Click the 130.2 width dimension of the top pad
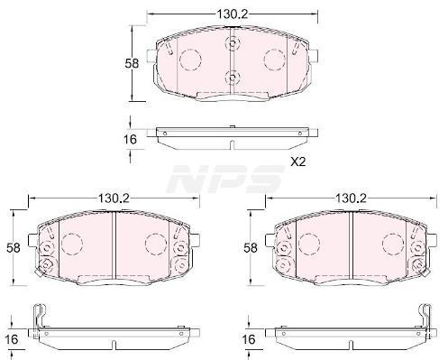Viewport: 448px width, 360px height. click(x=233, y=14)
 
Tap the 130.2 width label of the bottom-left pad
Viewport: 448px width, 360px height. click(x=114, y=198)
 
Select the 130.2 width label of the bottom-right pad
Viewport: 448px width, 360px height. click(x=351, y=198)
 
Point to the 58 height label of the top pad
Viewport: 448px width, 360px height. click(x=132, y=63)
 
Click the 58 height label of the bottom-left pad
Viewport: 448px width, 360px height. click(x=14, y=248)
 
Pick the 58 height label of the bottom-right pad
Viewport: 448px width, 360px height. click(x=251, y=248)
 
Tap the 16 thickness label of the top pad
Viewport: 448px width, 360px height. click(x=130, y=139)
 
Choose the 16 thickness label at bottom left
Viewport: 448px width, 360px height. click(x=12, y=339)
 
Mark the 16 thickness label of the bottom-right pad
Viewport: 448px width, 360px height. click(x=249, y=339)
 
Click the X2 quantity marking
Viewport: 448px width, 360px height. click(x=297, y=162)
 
